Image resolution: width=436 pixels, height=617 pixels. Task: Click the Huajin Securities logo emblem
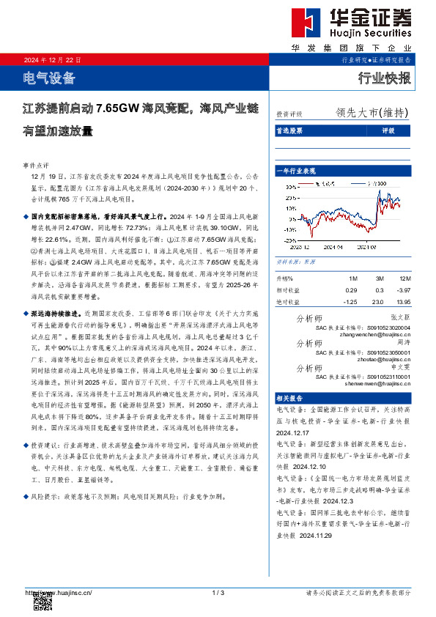pos(301,23)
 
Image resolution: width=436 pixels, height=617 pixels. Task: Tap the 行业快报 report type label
pos(384,78)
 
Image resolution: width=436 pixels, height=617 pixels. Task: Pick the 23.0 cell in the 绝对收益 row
pos(378,301)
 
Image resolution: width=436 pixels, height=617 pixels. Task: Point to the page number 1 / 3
pos(218,592)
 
